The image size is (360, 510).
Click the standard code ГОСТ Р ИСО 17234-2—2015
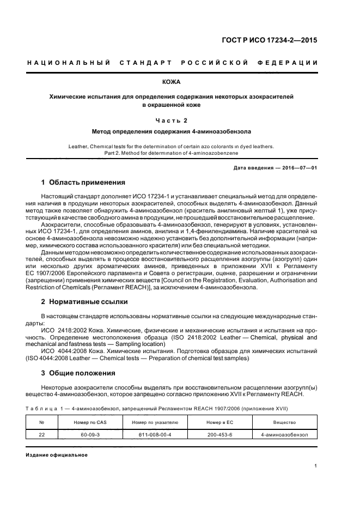tap(278, 40)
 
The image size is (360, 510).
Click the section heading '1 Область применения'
tap(83, 182)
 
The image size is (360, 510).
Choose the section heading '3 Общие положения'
tap(78, 373)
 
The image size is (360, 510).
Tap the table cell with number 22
tap(41, 435)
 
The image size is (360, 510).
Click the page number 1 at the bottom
tap(315, 466)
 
